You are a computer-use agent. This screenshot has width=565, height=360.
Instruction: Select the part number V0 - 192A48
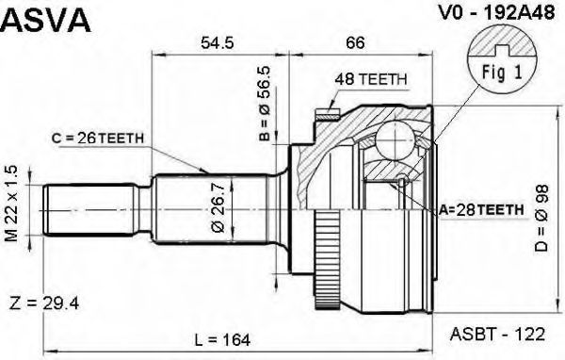click(496, 13)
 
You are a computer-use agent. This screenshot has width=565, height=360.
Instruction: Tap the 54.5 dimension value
click(218, 42)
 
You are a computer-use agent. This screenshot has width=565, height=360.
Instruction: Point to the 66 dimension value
click(355, 42)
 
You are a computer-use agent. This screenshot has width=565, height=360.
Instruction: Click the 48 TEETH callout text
click(371, 79)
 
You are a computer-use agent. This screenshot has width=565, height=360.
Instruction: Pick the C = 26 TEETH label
click(98, 138)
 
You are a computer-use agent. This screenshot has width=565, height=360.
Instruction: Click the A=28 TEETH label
click(481, 209)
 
